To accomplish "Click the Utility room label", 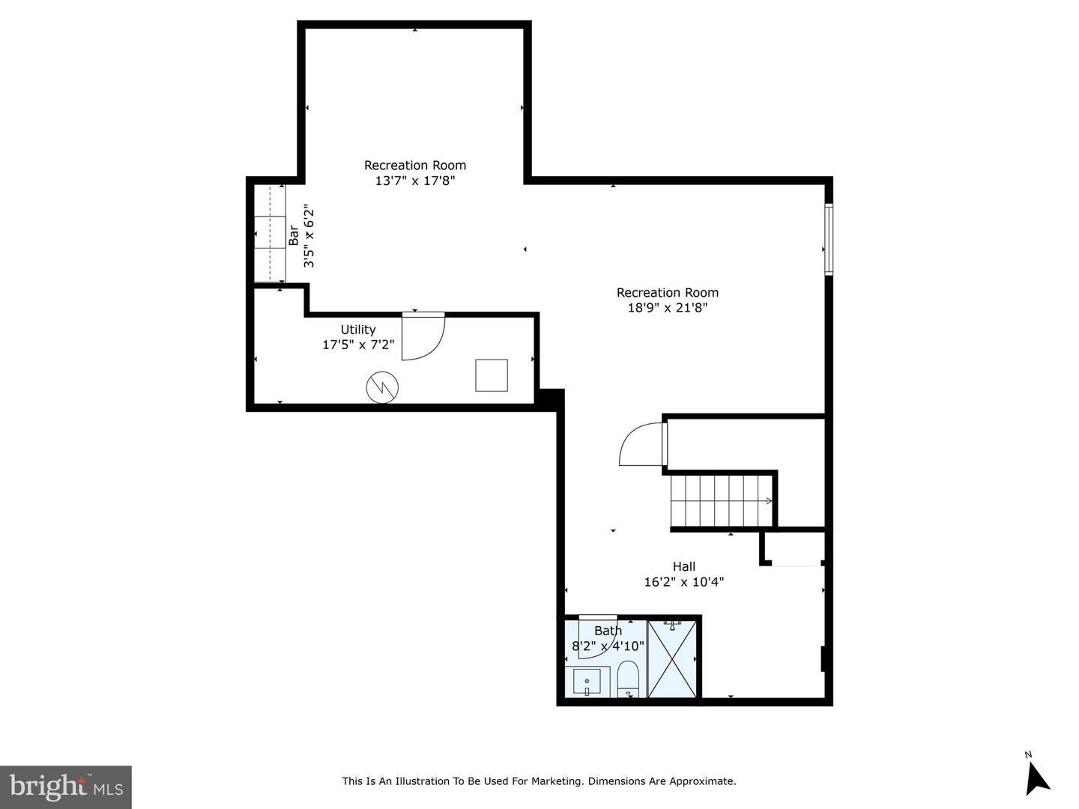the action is [x=358, y=329].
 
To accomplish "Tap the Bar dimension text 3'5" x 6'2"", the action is [x=309, y=236].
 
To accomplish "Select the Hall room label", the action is [x=684, y=566].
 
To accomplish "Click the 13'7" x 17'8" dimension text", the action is [x=415, y=181].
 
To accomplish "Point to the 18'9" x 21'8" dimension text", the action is [x=668, y=308].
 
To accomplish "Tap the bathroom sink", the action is [x=587, y=682].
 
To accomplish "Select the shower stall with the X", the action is [x=672, y=658].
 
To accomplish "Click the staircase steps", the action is [x=721, y=500].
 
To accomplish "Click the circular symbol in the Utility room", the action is [x=382, y=387].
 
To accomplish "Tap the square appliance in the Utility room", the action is [x=491, y=375].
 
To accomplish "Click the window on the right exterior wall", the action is [x=828, y=239].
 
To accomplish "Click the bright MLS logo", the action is [x=66, y=787].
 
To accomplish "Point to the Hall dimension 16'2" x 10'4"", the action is [x=684, y=582].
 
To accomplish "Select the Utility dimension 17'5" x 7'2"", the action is [x=358, y=345].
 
